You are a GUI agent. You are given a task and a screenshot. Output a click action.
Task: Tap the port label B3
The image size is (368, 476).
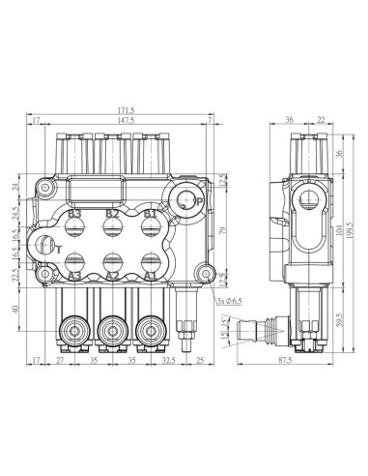pyautogui.click(x=75, y=213)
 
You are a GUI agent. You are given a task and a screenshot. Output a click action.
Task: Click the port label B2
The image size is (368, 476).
pyautogui.click(x=112, y=213)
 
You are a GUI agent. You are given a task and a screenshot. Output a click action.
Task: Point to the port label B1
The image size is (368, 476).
pyautogui.click(x=149, y=213)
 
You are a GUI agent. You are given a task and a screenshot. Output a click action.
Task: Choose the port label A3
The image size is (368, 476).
pyautogui.click(x=75, y=276)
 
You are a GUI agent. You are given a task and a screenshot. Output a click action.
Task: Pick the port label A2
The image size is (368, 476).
pyautogui.click(x=112, y=276)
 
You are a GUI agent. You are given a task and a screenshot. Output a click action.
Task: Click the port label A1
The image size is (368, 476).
pyautogui.click(x=149, y=276)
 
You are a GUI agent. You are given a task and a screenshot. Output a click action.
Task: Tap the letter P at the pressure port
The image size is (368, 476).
pyautogui.click(x=196, y=200)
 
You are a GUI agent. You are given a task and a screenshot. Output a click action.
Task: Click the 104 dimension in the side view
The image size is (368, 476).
pyautogui.click(x=337, y=232)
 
